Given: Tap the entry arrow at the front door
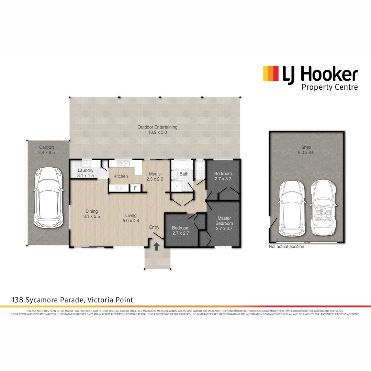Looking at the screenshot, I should [x=157, y=246].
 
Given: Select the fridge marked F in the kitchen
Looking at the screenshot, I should [x=135, y=188].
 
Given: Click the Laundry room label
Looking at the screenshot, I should [x=86, y=171].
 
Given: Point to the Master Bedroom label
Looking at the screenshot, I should [x=224, y=221].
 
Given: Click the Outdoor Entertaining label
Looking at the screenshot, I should [x=157, y=127].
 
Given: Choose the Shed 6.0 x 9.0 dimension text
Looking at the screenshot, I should [x=306, y=153].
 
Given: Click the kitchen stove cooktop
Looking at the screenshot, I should [x=120, y=188].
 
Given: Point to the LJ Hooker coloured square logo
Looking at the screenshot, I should [x=270, y=74].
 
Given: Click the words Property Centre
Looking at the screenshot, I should [x=329, y=87].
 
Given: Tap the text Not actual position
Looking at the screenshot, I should [x=286, y=247].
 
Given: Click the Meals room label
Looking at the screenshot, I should [x=155, y=174].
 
